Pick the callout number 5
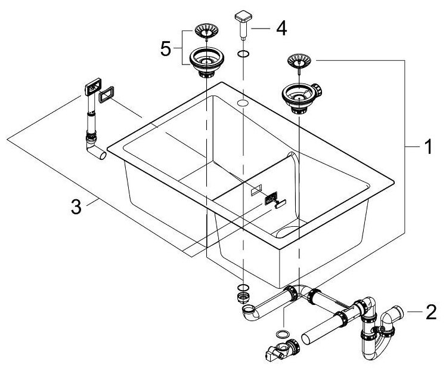[x=166, y=48]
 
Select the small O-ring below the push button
[x=243, y=55]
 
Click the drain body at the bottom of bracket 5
[x=205, y=61]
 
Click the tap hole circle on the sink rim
[x=242, y=103]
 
